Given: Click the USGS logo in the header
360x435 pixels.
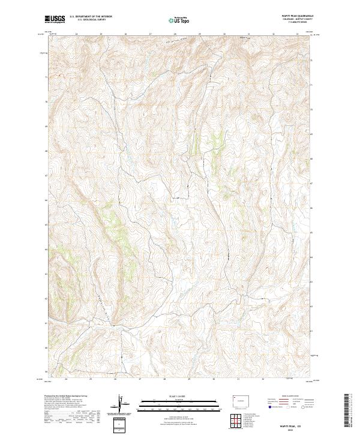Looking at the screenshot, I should point(55,20).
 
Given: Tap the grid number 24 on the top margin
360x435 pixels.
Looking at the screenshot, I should point(78,34).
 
